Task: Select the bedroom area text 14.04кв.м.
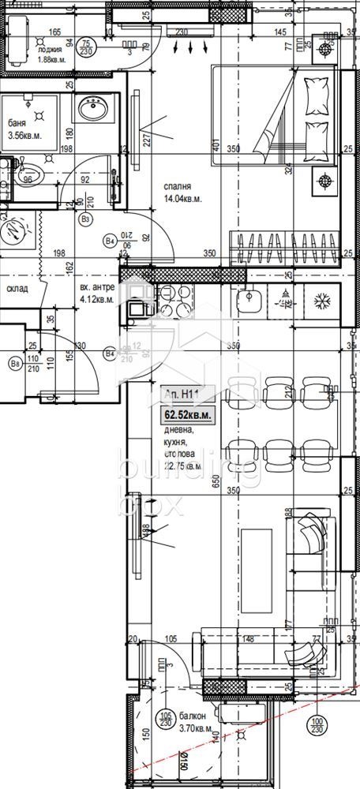click(183, 199)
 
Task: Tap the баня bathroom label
click(17, 122)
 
